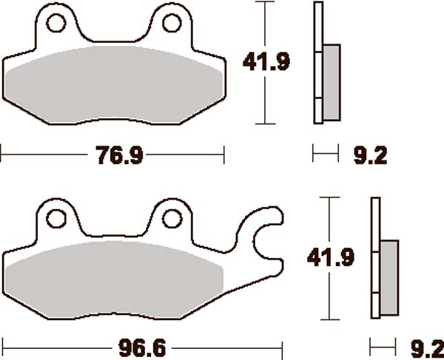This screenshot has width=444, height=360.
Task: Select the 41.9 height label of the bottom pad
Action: pos(329,258)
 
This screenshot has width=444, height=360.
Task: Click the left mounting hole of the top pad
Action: pos(55,24)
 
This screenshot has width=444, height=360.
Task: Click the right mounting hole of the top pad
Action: pos(171,24)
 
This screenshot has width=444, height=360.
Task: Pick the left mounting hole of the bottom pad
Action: pos(55,218)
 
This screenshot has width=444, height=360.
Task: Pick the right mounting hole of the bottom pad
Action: pos(171,218)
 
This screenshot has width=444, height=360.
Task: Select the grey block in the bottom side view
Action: pos(388,274)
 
